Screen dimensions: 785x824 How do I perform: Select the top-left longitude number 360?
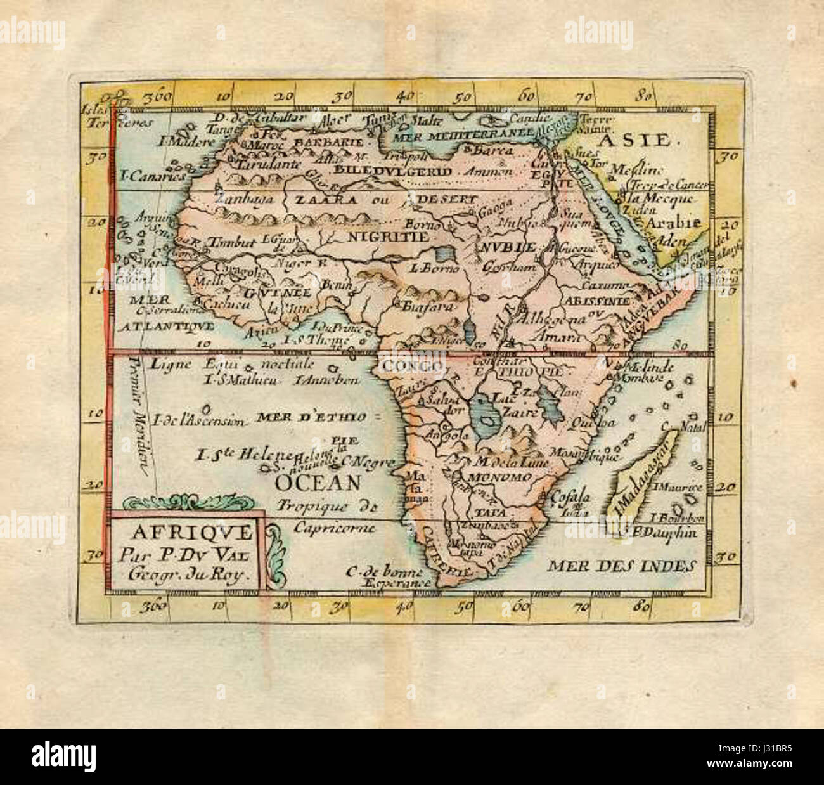click(158, 98)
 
